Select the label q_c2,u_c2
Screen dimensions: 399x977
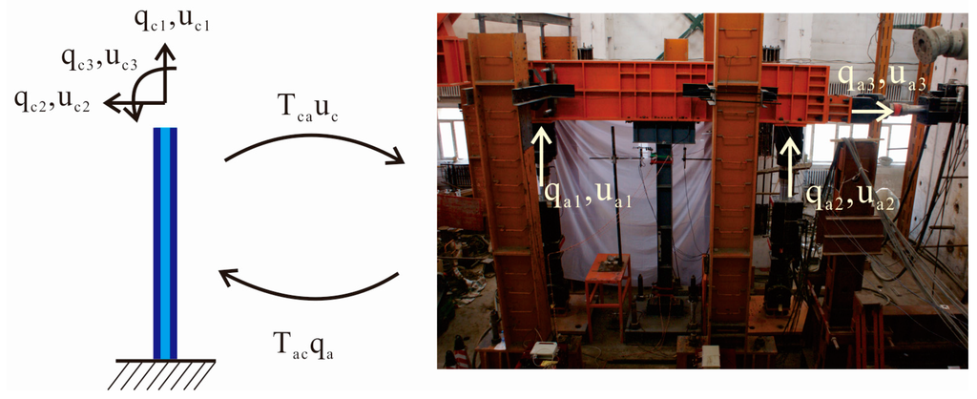(x=52, y=101)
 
